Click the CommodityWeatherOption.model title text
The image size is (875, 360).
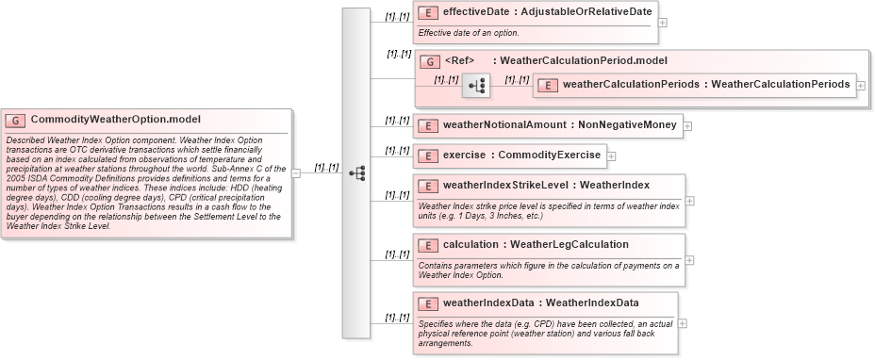coord(115,120)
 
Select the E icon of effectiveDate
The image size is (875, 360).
coord(428,13)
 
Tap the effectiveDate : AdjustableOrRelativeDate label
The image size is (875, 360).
coord(546,13)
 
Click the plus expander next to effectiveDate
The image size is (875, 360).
coord(663,23)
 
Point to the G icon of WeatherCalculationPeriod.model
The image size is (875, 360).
coord(430,61)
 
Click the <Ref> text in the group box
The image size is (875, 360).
coord(459,61)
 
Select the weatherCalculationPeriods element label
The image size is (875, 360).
coord(707,85)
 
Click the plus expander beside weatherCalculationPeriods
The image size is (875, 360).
coord(861,85)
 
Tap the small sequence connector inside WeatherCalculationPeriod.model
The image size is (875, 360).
coord(476,86)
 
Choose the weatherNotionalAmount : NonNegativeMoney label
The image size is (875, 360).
coord(559,124)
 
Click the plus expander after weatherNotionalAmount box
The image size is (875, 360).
coord(687,125)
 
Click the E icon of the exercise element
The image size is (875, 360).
coord(428,155)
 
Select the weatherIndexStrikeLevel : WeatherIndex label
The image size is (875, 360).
coord(546,184)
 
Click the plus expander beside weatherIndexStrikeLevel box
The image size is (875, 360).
coord(689,200)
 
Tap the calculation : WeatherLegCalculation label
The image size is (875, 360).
coord(535,244)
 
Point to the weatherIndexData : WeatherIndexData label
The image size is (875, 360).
coord(540,303)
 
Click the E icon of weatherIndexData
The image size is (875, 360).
coord(428,303)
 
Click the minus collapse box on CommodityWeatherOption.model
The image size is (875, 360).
coord(296,173)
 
